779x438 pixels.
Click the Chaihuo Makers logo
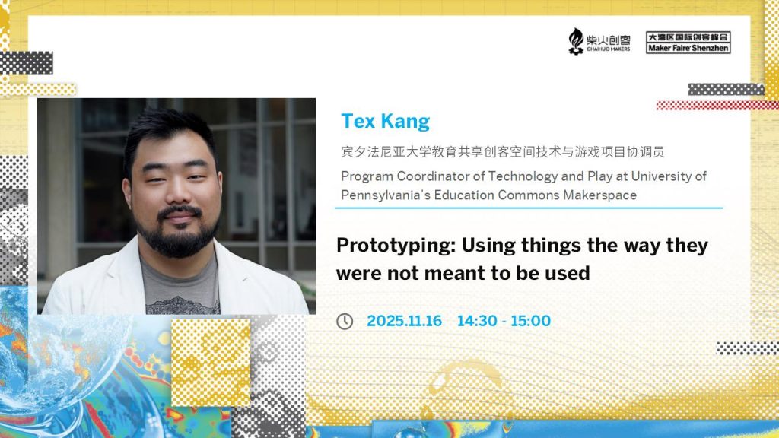pos(599,41)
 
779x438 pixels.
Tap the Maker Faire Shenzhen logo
pos(688,43)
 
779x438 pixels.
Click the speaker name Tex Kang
pos(385,122)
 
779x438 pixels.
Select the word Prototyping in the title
pos(396,246)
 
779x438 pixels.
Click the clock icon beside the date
pos(345,322)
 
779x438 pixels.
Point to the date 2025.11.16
pos(405,321)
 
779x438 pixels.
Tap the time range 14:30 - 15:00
pos(504,321)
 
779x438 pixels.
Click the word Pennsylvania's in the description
pos(386,195)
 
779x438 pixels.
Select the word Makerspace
pos(599,195)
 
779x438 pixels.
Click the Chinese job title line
pos(502,151)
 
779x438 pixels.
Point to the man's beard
pos(177,233)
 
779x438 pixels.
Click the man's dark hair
pos(168,134)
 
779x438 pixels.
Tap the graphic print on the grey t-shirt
pos(183,304)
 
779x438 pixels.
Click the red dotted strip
pos(717,105)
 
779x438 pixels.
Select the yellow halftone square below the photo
pos(211,363)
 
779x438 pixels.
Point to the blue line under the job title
pos(529,208)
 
